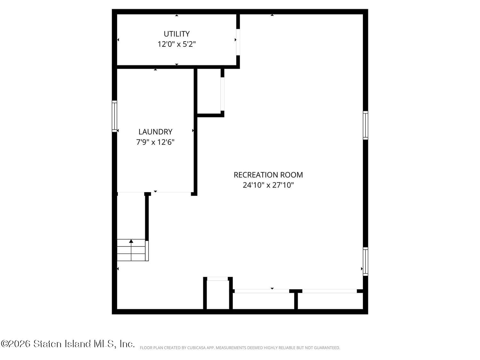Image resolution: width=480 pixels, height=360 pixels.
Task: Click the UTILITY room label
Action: click(x=177, y=34)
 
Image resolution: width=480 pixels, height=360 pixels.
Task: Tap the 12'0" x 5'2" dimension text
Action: click(x=177, y=44)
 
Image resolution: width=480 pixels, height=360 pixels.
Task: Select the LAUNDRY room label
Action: click(x=155, y=132)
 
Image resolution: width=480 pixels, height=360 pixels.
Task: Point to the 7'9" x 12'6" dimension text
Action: click(x=155, y=142)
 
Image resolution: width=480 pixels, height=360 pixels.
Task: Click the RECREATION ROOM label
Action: click(x=268, y=175)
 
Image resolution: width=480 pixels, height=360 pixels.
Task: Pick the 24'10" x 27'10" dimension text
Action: click(x=268, y=185)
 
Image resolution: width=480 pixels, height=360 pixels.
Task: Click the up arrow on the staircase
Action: click(x=131, y=241)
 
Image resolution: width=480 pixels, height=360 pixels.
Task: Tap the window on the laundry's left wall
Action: click(x=114, y=116)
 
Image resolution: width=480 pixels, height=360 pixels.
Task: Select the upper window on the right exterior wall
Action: click(x=365, y=125)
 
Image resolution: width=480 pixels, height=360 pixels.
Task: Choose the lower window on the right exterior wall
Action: click(x=365, y=261)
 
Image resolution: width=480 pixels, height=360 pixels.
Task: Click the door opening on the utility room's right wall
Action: click(x=238, y=42)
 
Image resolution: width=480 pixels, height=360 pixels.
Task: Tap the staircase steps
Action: click(x=132, y=250)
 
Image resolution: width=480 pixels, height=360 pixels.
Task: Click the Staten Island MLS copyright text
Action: click(x=68, y=344)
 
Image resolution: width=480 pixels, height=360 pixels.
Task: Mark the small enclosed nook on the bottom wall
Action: click(x=218, y=294)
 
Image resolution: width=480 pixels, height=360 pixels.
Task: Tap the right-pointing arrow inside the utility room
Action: click(x=236, y=40)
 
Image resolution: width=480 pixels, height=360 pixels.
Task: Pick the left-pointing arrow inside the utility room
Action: click(x=118, y=40)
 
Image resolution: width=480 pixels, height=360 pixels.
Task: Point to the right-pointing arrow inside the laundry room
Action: click(x=193, y=131)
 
